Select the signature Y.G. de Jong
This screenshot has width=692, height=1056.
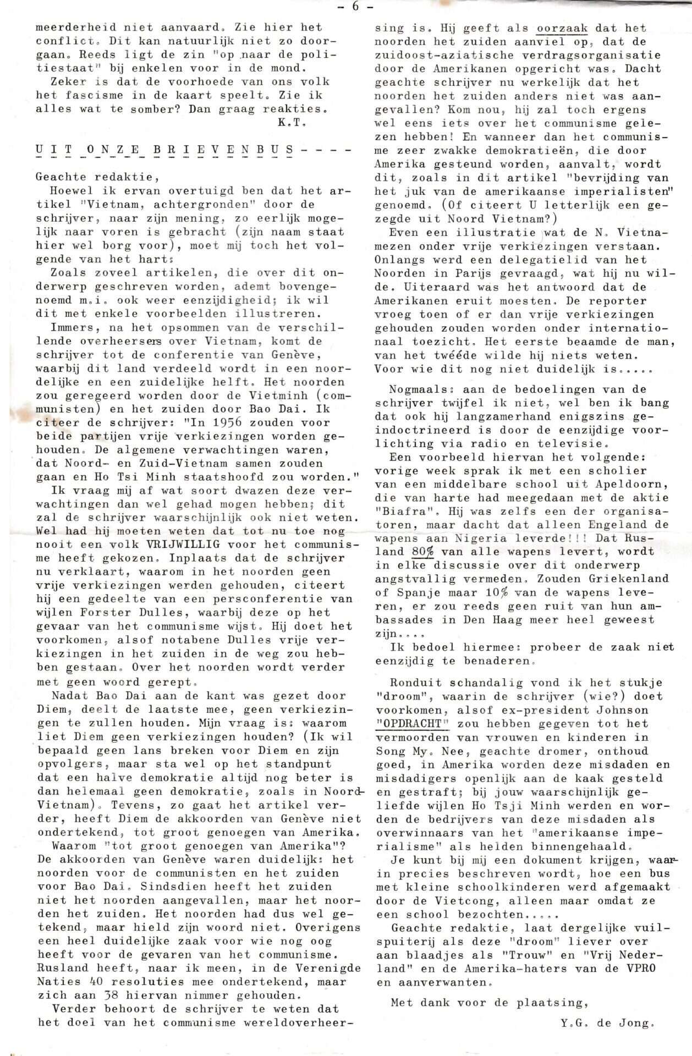[607, 1024]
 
